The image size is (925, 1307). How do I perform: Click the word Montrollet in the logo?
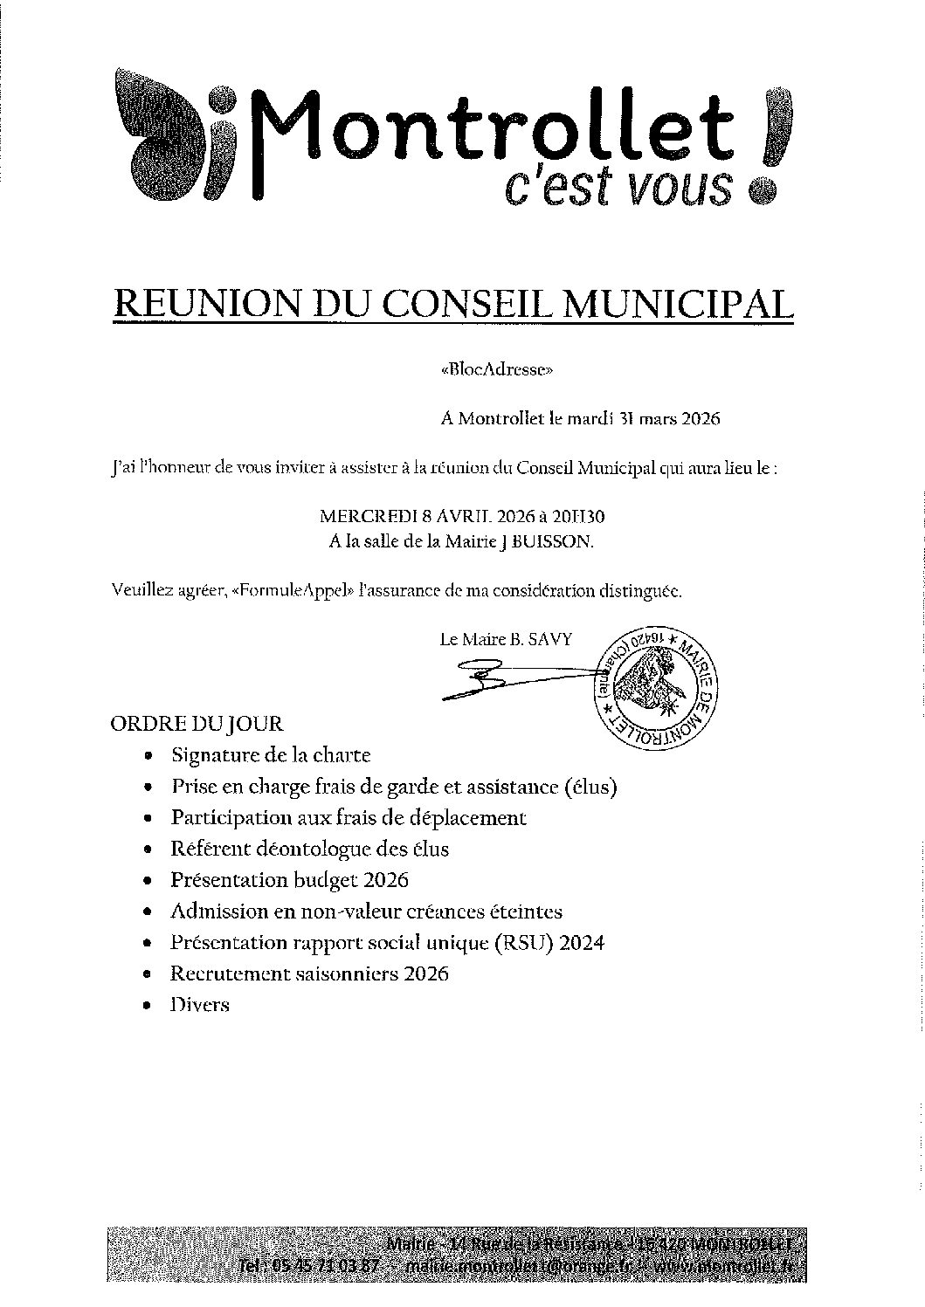coord(494,131)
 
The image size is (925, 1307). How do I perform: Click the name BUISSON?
coord(553,541)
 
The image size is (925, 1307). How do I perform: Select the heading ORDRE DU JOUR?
coord(197,724)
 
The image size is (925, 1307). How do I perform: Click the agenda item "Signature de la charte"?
coord(271,755)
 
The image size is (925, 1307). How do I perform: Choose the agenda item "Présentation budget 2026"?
coord(289,880)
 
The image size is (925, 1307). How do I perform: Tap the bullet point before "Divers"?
coord(148,1007)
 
